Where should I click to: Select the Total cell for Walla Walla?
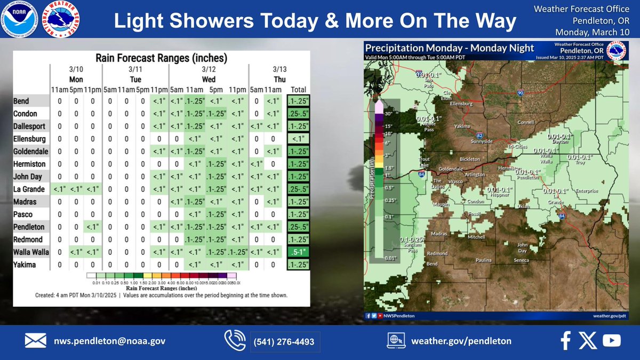(x=296, y=251)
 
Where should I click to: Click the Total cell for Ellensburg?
(x=296, y=139)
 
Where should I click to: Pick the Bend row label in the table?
(x=22, y=101)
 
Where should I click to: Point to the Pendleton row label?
(x=29, y=227)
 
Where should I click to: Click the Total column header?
(x=296, y=89)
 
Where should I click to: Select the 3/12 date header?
(x=209, y=69)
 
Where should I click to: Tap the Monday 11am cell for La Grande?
(x=59, y=189)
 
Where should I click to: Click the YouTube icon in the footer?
(x=611, y=340)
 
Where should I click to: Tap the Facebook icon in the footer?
(x=566, y=340)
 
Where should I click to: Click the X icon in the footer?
(x=588, y=340)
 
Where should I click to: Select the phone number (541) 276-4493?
(x=285, y=341)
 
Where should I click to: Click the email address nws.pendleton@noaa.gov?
(x=109, y=341)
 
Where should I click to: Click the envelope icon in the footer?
(x=35, y=340)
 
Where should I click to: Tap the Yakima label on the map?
(x=462, y=126)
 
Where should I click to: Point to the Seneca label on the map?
(x=521, y=260)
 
